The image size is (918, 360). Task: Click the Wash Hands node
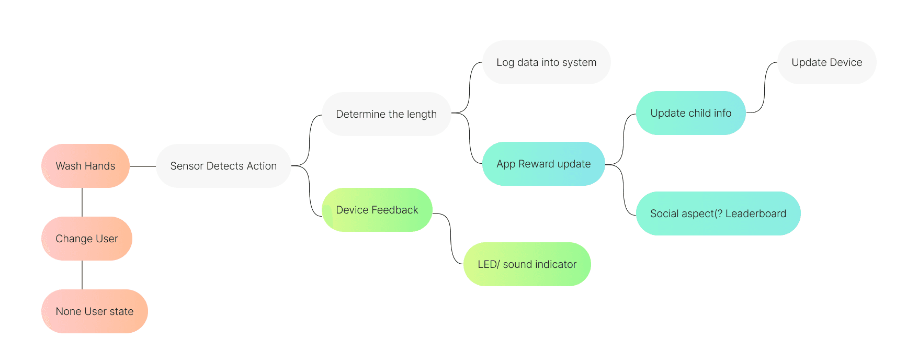85,166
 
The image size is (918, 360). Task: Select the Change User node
87,239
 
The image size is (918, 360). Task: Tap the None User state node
94,311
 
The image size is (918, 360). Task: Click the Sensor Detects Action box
223,166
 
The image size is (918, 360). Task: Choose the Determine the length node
386,114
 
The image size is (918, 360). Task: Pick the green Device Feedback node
377,210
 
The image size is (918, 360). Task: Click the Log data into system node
546,62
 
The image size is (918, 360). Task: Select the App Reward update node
543,164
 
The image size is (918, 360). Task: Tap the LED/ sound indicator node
527,264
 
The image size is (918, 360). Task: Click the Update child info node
690,113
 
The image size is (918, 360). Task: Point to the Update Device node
826,62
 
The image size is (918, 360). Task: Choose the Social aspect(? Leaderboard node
718,213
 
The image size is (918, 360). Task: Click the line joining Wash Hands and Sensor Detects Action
143,166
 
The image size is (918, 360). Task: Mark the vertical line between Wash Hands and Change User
82,202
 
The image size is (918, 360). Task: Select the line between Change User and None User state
82,275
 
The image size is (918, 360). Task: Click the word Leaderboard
755,213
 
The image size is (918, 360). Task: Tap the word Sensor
187,166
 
